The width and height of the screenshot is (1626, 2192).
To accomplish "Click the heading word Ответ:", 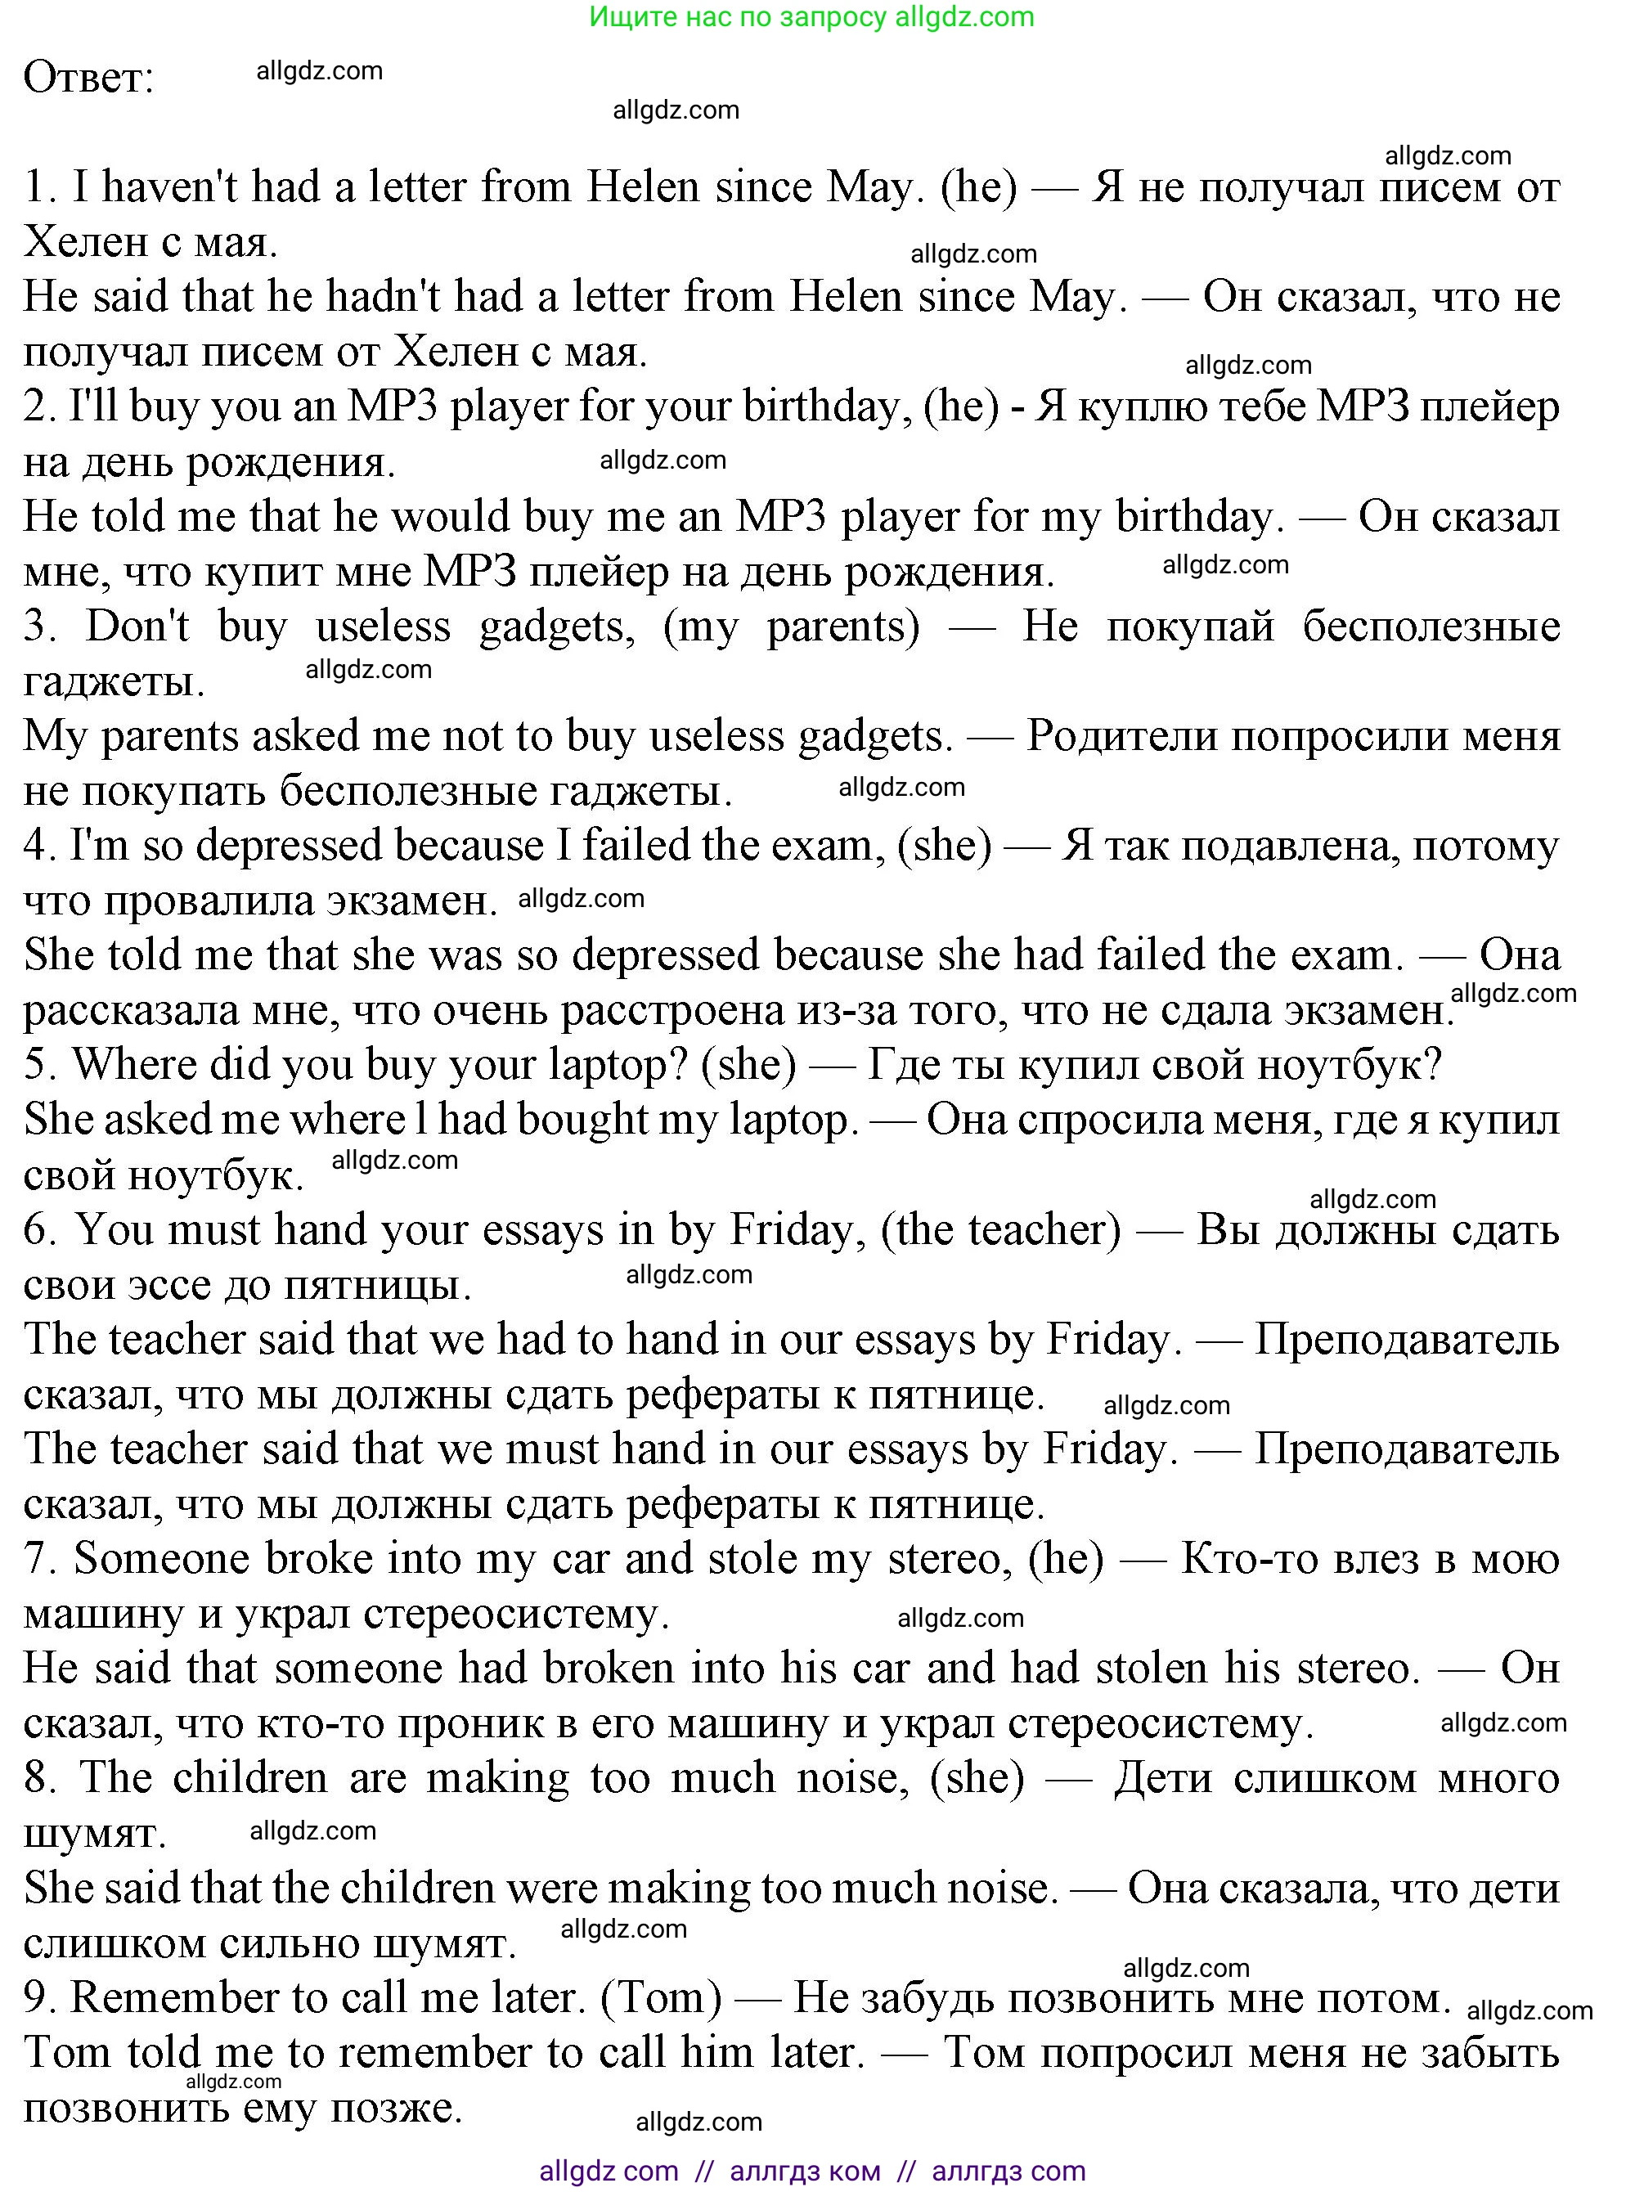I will tap(88, 78).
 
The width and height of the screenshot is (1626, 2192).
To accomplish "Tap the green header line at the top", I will tap(812, 16).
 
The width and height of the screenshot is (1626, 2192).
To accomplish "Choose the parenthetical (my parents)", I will tap(792, 627).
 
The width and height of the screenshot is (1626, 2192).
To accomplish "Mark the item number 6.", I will tap(39, 1230).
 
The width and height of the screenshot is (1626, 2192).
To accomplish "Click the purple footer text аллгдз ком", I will tap(805, 2172).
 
